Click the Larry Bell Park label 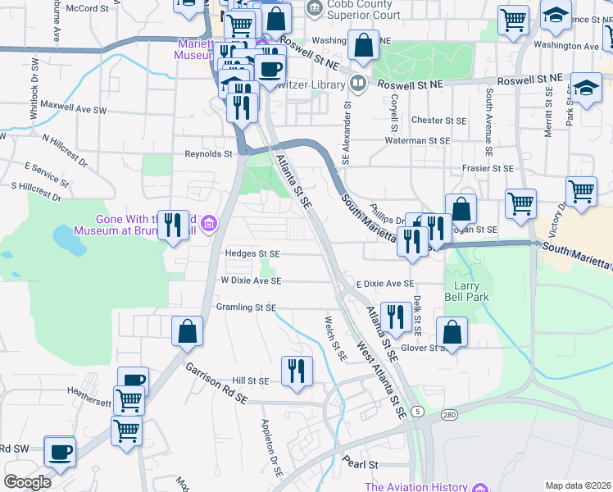467,291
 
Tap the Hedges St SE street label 252,254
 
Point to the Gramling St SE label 245,307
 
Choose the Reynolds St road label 209,153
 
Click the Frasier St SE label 485,168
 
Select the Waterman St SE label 418,141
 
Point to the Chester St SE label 438,120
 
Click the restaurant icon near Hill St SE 297,370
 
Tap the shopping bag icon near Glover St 452,331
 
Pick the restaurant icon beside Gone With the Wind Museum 172,224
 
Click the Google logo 27,482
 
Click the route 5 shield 418,410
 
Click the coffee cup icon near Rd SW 61,451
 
